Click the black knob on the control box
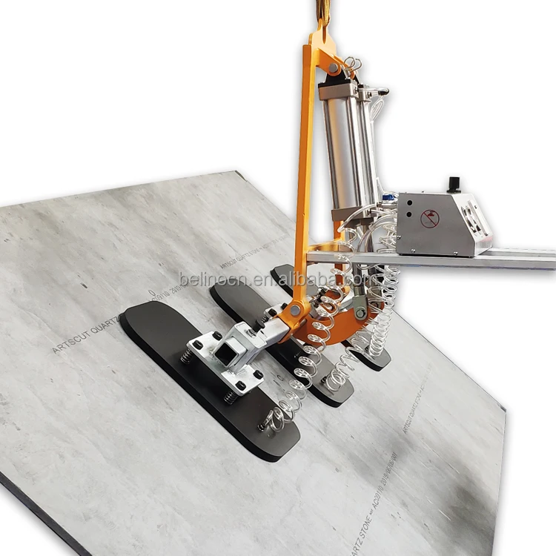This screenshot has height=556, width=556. [454, 183]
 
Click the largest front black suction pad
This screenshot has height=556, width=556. [200, 371]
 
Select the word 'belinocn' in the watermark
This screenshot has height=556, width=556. [215, 280]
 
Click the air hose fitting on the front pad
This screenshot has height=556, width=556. [264, 426]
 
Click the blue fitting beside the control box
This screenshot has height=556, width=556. [387, 199]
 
